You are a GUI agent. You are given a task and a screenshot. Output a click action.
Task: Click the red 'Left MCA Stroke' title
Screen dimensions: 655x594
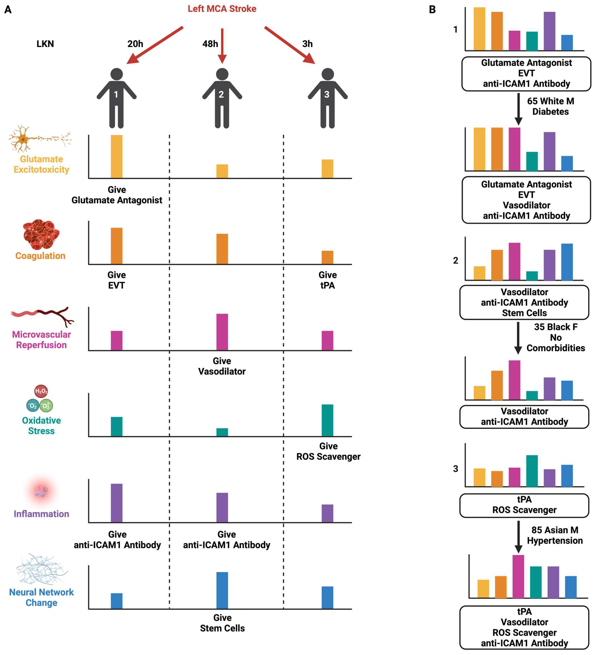pyautogui.click(x=222, y=9)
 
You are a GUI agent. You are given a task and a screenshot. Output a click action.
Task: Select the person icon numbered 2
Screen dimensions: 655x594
pyautogui.click(x=222, y=97)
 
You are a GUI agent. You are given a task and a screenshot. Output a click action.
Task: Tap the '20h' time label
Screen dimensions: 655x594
pyautogui.click(x=135, y=44)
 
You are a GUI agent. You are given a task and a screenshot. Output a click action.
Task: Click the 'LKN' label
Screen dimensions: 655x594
pyautogui.click(x=45, y=44)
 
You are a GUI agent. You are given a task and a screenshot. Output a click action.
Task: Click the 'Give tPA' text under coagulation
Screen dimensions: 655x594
pyautogui.click(x=327, y=280)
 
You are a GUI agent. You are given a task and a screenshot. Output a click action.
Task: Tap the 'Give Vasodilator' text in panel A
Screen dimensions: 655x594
pyautogui.click(x=222, y=366)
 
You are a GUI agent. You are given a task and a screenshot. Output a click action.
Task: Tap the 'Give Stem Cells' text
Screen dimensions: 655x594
pyautogui.click(x=222, y=623)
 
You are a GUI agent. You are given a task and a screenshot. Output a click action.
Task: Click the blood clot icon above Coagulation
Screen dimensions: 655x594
pyautogui.click(x=41, y=234)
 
